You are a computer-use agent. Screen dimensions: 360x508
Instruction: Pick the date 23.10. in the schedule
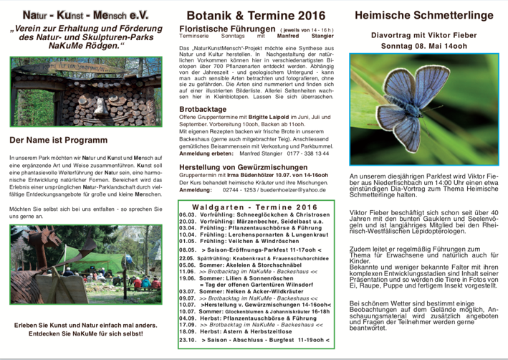pyautogui.click(x=188, y=340)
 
